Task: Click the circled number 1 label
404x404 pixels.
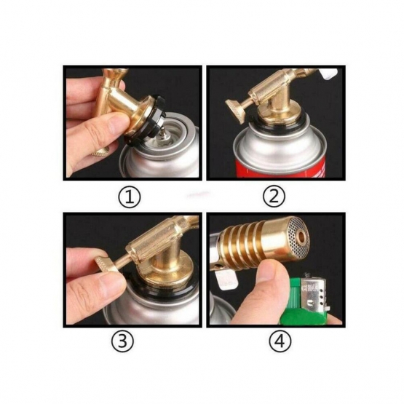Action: pos(130,197)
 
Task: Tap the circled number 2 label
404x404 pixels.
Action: pos(274,197)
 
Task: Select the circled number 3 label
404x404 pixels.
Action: pos(122,341)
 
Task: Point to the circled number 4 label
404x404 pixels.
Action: pos(280,341)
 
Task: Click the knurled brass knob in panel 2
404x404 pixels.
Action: pos(236,111)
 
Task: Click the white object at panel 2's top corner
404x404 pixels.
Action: pos(329,73)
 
